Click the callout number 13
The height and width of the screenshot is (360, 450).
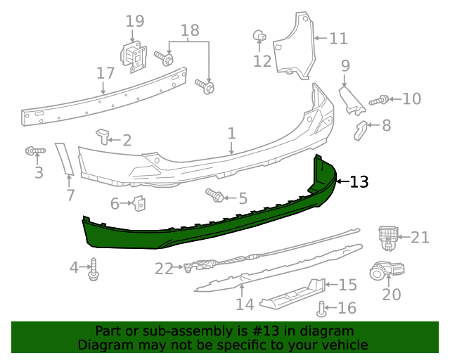tap(359, 182)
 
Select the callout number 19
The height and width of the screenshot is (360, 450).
tap(135, 22)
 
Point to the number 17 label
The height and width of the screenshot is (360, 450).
tap(105, 73)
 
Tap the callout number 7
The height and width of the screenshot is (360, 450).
tap(70, 195)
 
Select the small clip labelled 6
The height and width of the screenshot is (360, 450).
tap(139, 204)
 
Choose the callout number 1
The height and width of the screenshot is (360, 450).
tap(231, 133)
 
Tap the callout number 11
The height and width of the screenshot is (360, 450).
tap(338, 38)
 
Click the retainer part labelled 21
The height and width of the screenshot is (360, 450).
tap(387, 237)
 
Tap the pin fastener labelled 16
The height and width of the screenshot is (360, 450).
tap(322, 307)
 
